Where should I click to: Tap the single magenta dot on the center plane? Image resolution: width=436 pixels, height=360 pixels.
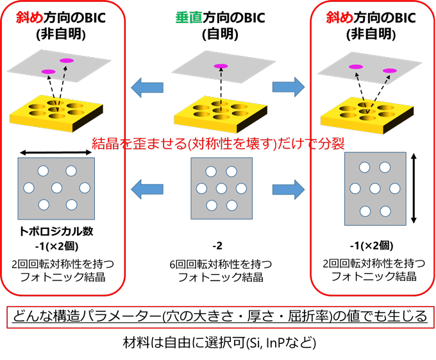coord(220,65)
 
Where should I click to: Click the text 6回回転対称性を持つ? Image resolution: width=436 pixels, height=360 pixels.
coord(218,264)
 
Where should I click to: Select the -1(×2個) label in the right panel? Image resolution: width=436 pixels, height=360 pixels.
coord(371,246)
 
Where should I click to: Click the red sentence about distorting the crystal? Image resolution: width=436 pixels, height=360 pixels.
coord(218,142)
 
